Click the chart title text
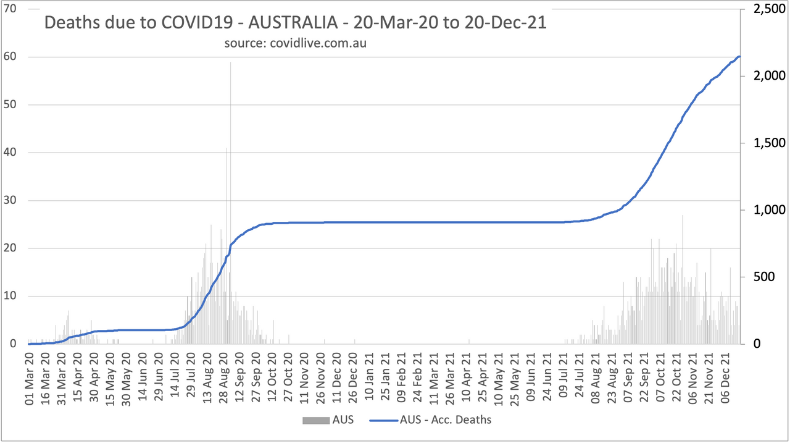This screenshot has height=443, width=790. (295, 24)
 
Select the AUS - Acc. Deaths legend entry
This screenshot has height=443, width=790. (432, 420)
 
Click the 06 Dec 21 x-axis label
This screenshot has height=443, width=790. (724, 378)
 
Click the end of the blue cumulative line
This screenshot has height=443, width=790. (739, 57)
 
